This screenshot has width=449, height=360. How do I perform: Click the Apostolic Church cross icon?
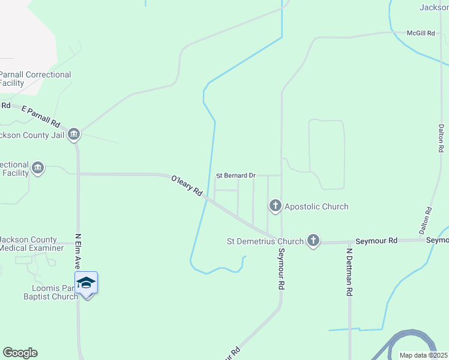276,206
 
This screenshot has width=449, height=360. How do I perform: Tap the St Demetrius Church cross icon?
313,241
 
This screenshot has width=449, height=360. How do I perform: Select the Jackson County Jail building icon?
74,134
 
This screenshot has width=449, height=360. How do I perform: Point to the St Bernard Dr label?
236,175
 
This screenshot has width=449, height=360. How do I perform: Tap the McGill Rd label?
420,33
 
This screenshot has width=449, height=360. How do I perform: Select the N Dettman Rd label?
348,272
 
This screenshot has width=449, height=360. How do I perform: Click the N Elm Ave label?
78,251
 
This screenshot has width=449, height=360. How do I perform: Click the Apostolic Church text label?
316,206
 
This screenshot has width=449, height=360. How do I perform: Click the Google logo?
20,353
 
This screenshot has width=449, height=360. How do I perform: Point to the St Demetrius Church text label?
265,241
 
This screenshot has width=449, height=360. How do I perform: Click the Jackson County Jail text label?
31,135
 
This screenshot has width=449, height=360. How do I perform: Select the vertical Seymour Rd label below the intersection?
280,271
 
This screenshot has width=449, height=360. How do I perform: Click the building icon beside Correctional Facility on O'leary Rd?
38,167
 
